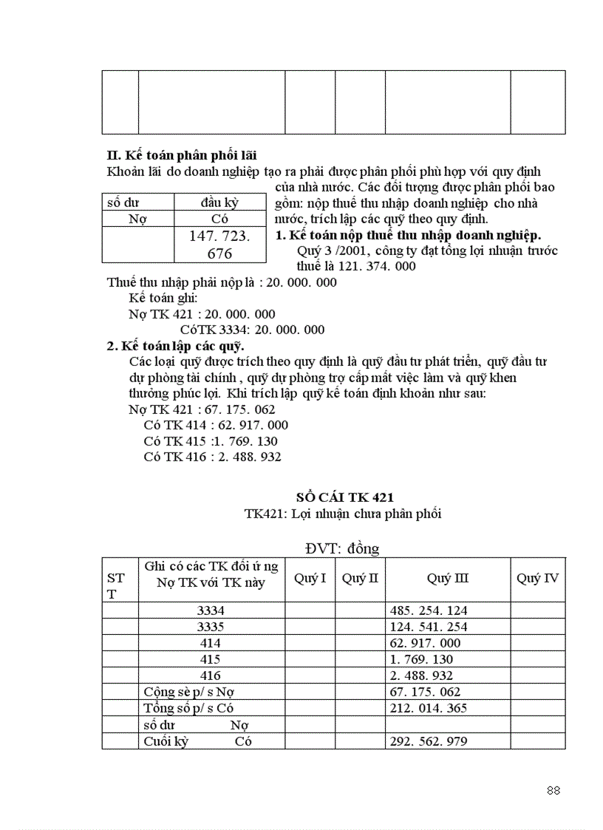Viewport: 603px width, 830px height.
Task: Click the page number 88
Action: coord(553,790)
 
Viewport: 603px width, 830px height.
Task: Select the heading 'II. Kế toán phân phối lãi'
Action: coord(182,155)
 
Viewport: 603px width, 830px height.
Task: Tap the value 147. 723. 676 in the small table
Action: coord(219,245)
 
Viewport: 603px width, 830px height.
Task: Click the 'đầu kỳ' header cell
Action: coord(219,203)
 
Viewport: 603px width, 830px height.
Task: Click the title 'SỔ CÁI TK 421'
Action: coord(344,497)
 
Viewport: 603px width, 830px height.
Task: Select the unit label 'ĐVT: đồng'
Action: coord(341,548)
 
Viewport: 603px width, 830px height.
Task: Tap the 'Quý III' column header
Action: coord(447,578)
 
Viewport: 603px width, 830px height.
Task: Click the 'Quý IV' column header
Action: coord(537,578)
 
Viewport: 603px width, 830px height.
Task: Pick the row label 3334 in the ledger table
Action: coord(211,610)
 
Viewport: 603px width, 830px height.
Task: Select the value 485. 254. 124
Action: coord(427,610)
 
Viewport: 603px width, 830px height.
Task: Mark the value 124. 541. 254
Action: coord(427,627)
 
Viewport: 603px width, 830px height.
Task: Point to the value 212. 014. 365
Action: coord(427,708)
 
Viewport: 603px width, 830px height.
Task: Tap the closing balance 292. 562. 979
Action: coord(427,741)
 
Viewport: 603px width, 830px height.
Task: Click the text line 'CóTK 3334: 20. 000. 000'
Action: coord(252,330)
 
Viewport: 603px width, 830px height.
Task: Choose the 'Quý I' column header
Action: coord(310,578)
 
